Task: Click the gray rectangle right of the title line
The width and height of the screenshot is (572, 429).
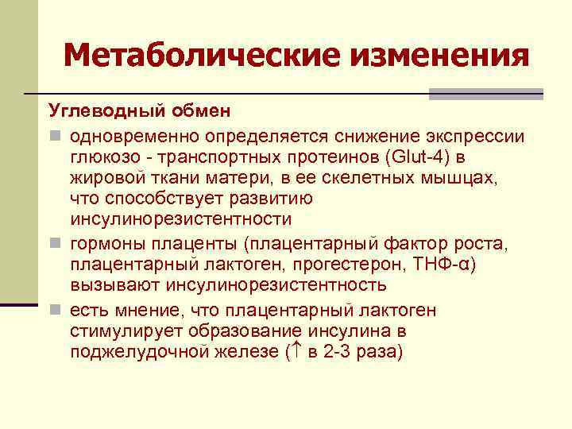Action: point(485,93)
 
